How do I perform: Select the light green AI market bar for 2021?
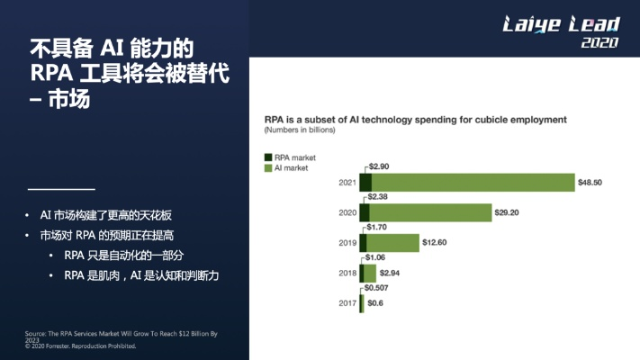click(473, 183)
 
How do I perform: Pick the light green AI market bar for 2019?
click(394, 243)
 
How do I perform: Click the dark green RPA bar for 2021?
click(365, 183)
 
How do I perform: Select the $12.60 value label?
click(437, 243)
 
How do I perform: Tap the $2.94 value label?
click(390, 273)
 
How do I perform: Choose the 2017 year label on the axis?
click(347, 303)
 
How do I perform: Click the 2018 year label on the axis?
click(347, 273)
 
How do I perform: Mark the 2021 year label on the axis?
click(347, 183)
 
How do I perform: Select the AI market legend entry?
click(287, 167)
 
